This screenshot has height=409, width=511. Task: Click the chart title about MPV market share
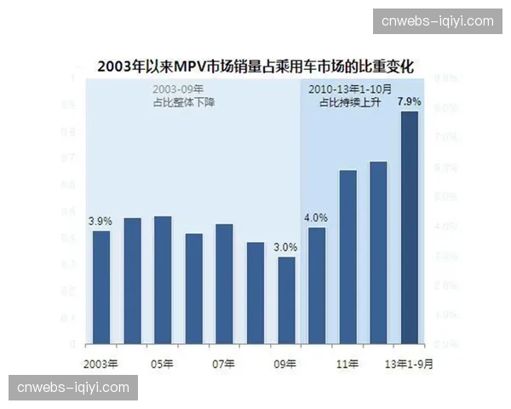[x=255, y=64]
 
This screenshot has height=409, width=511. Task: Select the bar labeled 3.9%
[x=101, y=287]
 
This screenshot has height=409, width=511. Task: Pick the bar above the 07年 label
[x=224, y=284]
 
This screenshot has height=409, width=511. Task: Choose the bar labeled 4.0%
[x=317, y=285]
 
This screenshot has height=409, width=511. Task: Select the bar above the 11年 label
[x=347, y=256]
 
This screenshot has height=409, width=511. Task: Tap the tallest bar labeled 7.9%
[x=410, y=228]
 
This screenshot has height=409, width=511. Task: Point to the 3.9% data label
[x=100, y=221]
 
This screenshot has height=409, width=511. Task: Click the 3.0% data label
[x=285, y=247]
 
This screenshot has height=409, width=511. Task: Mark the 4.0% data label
[x=316, y=216]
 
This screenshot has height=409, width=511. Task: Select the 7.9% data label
[x=410, y=101]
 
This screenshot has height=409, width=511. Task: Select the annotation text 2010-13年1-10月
[x=349, y=88]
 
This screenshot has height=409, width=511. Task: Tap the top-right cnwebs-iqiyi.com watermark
[x=437, y=20]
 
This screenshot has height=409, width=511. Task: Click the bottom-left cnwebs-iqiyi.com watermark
[x=73, y=388]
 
